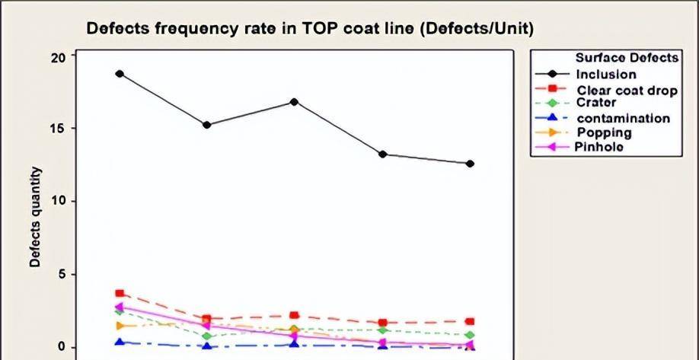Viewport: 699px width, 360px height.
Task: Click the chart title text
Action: (310, 29)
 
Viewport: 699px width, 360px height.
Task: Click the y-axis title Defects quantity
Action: (35, 218)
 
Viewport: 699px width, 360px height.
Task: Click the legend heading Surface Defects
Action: (627, 59)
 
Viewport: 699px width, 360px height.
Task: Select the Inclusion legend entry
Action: (606, 75)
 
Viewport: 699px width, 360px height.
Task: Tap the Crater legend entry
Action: (596, 103)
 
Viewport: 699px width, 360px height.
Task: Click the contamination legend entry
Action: (623, 119)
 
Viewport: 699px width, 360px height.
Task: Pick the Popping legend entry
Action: (604, 133)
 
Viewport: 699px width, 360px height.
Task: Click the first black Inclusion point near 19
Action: (120, 74)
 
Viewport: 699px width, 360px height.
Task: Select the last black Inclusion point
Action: (470, 164)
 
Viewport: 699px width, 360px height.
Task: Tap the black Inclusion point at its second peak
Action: (294, 102)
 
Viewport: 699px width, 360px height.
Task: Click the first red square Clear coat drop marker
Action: (120, 294)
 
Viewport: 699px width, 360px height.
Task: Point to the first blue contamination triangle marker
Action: (120, 342)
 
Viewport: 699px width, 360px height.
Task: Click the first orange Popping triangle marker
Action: (120, 326)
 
